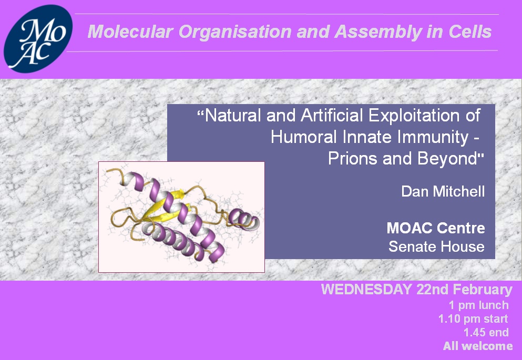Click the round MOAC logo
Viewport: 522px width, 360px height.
click(x=38, y=38)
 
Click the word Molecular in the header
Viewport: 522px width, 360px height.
click(x=130, y=32)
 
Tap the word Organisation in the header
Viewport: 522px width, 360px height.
click(x=235, y=32)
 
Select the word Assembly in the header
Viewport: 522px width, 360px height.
click(x=378, y=32)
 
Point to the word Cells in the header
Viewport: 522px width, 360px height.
click(x=470, y=32)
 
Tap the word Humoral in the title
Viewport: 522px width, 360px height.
click(x=304, y=137)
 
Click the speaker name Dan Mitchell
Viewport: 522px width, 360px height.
click(x=443, y=191)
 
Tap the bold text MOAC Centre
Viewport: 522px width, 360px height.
click(x=436, y=228)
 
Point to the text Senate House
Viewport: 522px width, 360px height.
click(x=436, y=246)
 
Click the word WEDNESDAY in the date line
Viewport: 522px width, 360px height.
click(x=366, y=289)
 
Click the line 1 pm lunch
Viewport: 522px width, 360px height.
click(x=479, y=305)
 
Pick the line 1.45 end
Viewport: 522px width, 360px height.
click(x=486, y=332)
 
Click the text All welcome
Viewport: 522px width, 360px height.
click(x=478, y=346)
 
